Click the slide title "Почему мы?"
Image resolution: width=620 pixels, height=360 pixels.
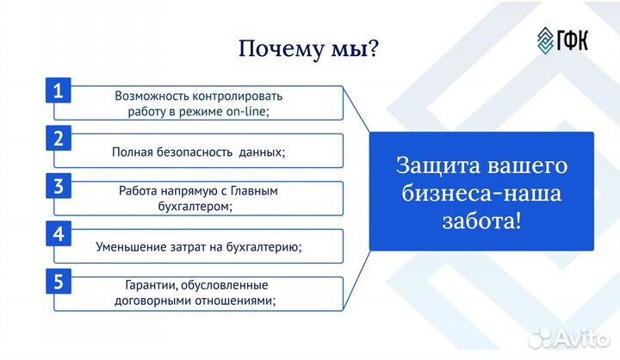click(308, 49)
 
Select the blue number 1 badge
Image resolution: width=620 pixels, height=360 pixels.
click(58, 90)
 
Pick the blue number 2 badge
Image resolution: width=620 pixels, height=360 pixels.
click(58, 139)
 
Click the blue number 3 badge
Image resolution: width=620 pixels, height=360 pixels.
click(58, 187)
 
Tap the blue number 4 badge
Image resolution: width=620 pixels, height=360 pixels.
click(58, 234)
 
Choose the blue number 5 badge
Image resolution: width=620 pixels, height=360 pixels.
click(58, 282)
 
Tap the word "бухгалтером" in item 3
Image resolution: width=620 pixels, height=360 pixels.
click(197, 207)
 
